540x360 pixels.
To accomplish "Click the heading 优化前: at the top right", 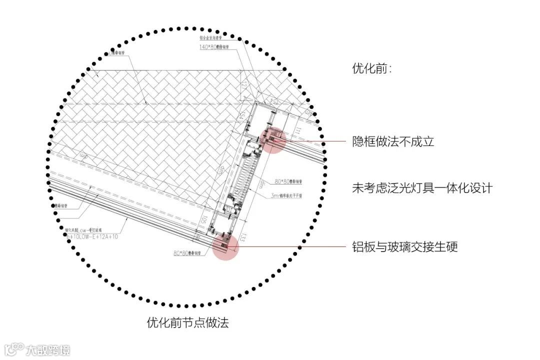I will coord(372,69).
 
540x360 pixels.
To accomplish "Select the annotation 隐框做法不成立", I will coord(393,141).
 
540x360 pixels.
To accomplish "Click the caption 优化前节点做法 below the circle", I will coord(187,322).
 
